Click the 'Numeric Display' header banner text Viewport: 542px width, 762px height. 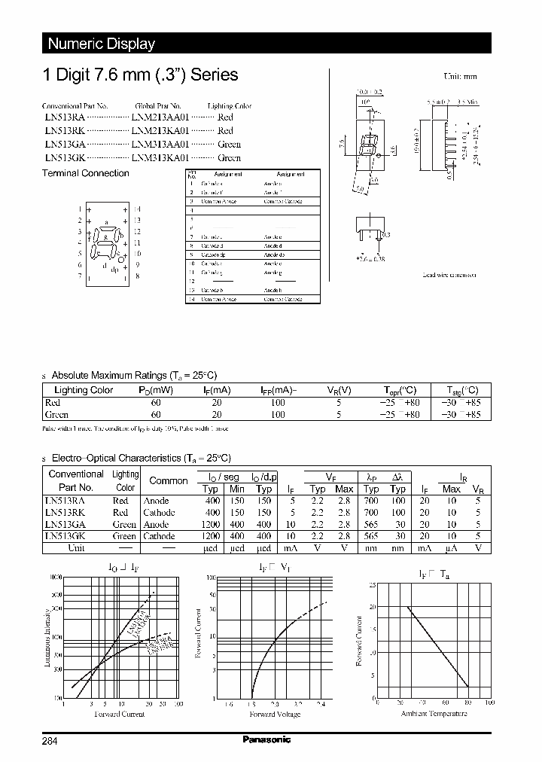pos(101,44)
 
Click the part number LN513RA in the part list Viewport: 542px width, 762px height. pos(64,117)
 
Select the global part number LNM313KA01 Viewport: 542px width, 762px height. pos(160,158)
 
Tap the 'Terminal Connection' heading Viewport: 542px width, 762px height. pos(85,173)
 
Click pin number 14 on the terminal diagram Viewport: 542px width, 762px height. pos(137,209)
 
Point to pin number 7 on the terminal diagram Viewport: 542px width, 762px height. pos(80,276)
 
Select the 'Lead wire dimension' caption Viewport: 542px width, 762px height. pos(449,276)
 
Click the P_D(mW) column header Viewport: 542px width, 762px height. pos(156,390)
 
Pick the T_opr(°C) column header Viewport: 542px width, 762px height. pos(400,390)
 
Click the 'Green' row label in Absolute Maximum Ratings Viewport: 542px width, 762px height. pos(57,414)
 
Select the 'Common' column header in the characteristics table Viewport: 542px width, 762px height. pos(169,480)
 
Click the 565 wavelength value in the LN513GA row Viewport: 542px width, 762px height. pos(370,525)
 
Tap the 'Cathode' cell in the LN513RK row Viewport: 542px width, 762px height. pos(159,513)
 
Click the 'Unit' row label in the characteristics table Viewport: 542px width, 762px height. pos(76,548)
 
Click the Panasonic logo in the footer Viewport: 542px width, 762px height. pos(266,739)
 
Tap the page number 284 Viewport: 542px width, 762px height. pos(50,741)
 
